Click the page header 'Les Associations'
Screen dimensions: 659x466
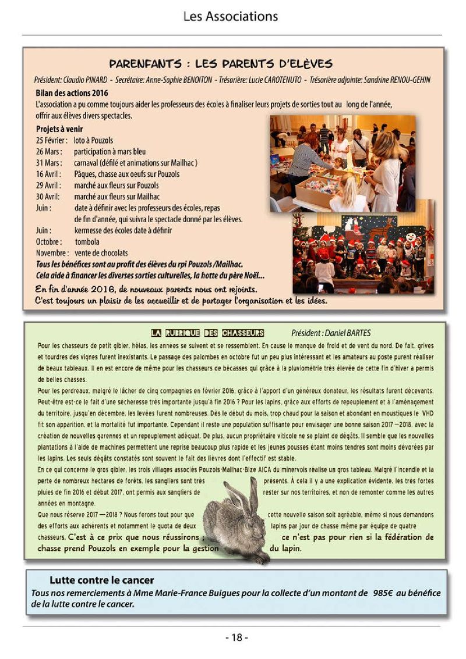(230, 16)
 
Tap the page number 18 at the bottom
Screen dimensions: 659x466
(236, 637)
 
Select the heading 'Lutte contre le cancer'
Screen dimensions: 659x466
(101, 580)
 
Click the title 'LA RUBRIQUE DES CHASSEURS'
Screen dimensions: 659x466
(207, 333)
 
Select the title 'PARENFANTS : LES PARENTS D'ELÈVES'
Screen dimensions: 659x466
(220, 63)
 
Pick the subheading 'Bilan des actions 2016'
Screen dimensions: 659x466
(72, 92)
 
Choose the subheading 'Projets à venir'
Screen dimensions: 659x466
(59, 129)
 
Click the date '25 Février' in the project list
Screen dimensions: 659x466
(49, 141)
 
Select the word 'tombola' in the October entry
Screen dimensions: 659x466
(87, 241)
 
